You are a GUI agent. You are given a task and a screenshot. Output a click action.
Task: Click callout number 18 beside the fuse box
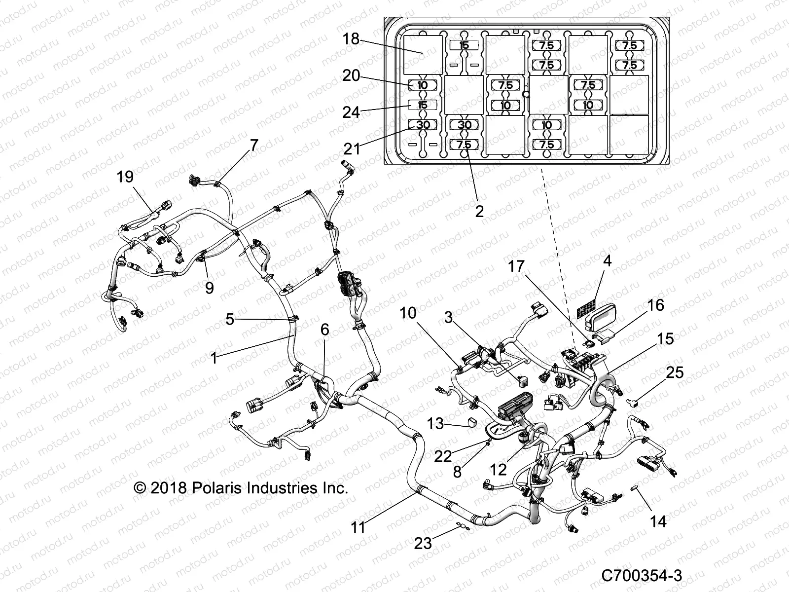[x=351, y=39]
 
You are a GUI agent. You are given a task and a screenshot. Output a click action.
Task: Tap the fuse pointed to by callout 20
[x=423, y=85]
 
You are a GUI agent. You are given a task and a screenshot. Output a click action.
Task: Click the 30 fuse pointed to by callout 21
[x=423, y=125]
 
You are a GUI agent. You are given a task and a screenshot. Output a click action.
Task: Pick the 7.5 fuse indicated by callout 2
[x=465, y=145]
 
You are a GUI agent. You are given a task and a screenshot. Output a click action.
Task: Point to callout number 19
[x=125, y=177]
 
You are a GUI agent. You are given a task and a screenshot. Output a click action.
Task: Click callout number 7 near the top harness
[x=253, y=145]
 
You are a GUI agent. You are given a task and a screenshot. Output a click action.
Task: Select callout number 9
[x=209, y=288]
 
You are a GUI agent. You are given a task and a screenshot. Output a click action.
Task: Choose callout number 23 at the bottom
[x=423, y=543]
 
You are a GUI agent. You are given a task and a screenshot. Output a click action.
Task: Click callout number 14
[x=658, y=521]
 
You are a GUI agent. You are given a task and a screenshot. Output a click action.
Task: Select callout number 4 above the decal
[x=608, y=260]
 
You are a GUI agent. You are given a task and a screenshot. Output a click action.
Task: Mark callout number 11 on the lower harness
[x=358, y=527]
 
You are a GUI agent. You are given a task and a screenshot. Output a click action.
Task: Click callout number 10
[x=408, y=313]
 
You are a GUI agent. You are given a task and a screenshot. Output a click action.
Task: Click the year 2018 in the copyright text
[x=168, y=488]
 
